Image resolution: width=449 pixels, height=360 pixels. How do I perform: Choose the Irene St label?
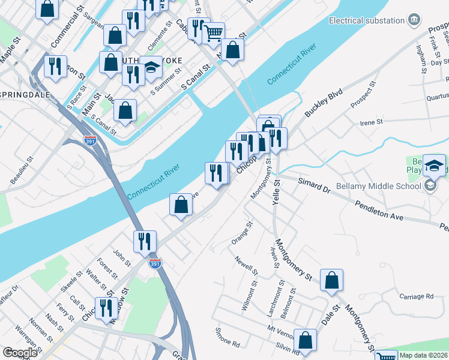pyautogui.click(x=371, y=122)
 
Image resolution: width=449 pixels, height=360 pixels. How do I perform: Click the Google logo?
pyautogui.click(x=20, y=353)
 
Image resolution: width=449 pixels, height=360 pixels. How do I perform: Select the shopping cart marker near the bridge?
pyautogui.click(x=213, y=33)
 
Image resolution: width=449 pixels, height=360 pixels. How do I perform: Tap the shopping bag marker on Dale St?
pyautogui.click(x=331, y=280)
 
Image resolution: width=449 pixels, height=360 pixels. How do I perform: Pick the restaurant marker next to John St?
pyautogui.click(x=145, y=241)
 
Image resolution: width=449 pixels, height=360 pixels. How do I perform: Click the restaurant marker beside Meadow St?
pyautogui.click(x=106, y=308)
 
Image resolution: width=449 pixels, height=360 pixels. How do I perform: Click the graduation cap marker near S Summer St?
pyautogui.click(x=152, y=68)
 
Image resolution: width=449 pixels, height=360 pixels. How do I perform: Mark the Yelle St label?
pyautogui.click(x=276, y=193)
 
